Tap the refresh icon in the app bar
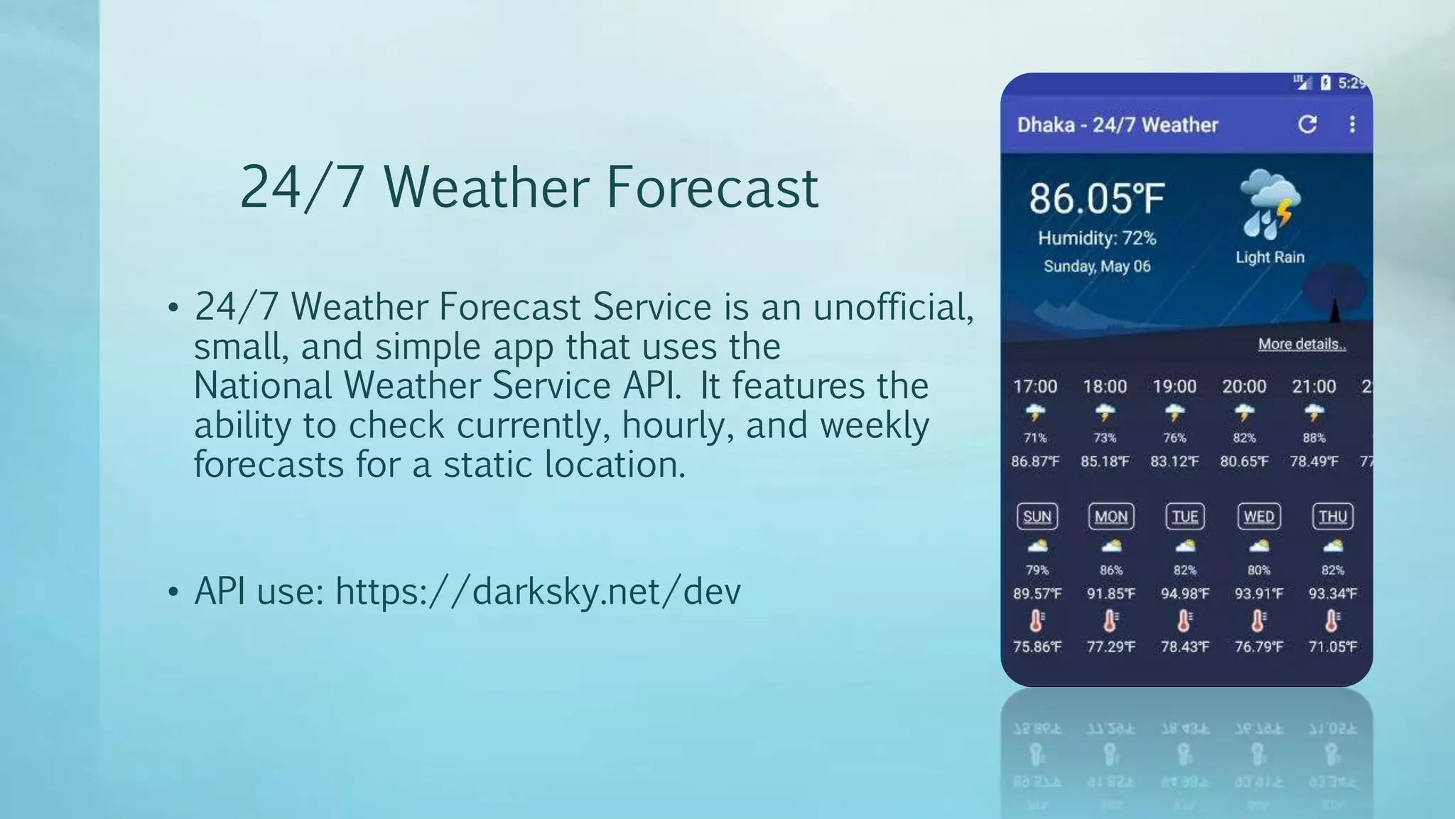(x=1307, y=124)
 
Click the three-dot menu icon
(x=1352, y=124)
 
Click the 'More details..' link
(x=1302, y=344)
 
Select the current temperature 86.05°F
(x=1097, y=198)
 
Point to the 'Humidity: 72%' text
(x=1097, y=238)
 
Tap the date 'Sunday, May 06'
(x=1097, y=267)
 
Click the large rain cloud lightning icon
(x=1270, y=204)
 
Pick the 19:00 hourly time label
(x=1174, y=387)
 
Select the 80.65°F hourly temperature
(x=1244, y=461)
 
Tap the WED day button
(x=1258, y=517)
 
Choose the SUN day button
(x=1037, y=517)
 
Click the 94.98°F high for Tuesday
(x=1184, y=594)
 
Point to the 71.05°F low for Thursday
(x=1332, y=647)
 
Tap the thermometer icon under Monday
(x=1110, y=621)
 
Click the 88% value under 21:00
(x=1314, y=438)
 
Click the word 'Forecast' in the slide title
(x=712, y=188)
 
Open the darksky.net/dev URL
(x=538, y=591)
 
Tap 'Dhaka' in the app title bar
(x=1046, y=125)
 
